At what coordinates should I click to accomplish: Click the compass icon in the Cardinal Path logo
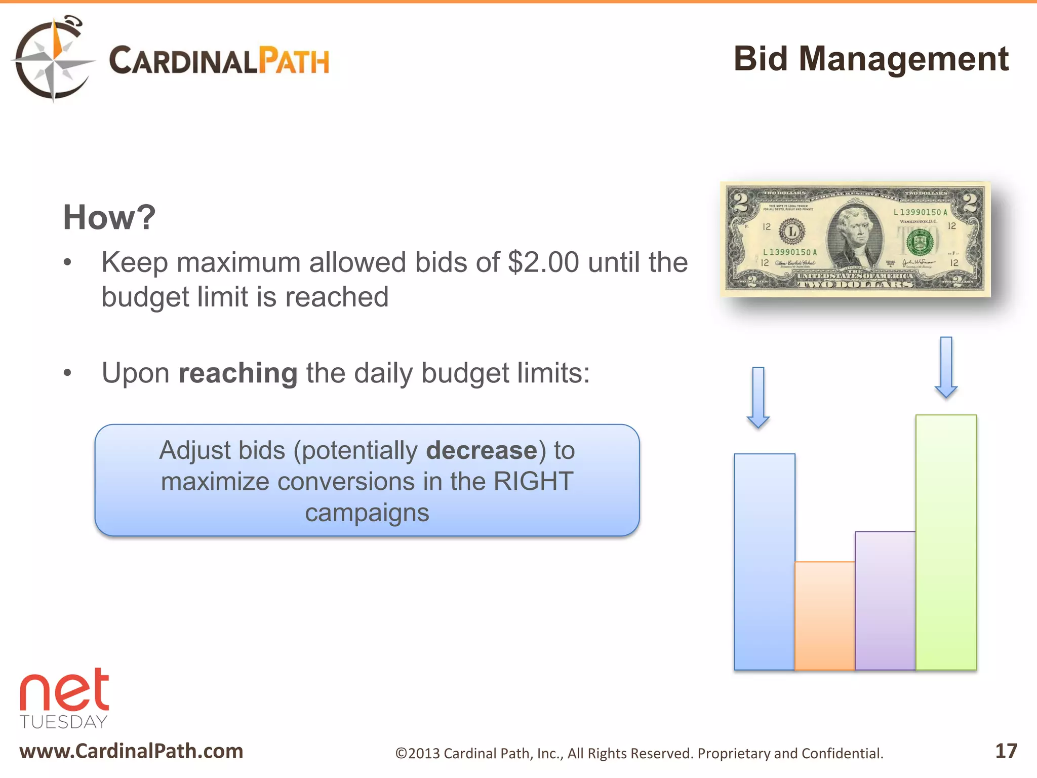point(53,60)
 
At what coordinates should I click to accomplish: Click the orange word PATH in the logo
point(294,61)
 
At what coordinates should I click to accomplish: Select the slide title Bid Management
point(870,59)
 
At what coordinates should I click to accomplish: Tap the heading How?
point(109,217)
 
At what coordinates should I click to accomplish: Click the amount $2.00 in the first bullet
point(543,262)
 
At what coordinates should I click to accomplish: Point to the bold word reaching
point(238,373)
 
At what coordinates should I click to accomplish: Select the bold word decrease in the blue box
point(482,450)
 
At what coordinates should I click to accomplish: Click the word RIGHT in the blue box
point(533,481)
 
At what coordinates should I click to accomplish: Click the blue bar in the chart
point(764,562)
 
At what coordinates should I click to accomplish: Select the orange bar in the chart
point(824,615)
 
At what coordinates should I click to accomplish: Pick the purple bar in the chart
point(885,600)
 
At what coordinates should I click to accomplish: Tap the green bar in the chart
point(946,542)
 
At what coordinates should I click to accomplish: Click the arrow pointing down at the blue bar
point(758,398)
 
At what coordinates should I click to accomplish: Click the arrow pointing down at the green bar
point(946,367)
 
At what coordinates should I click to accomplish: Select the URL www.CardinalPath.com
point(131,751)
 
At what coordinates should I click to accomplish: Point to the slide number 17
point(1006,751)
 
